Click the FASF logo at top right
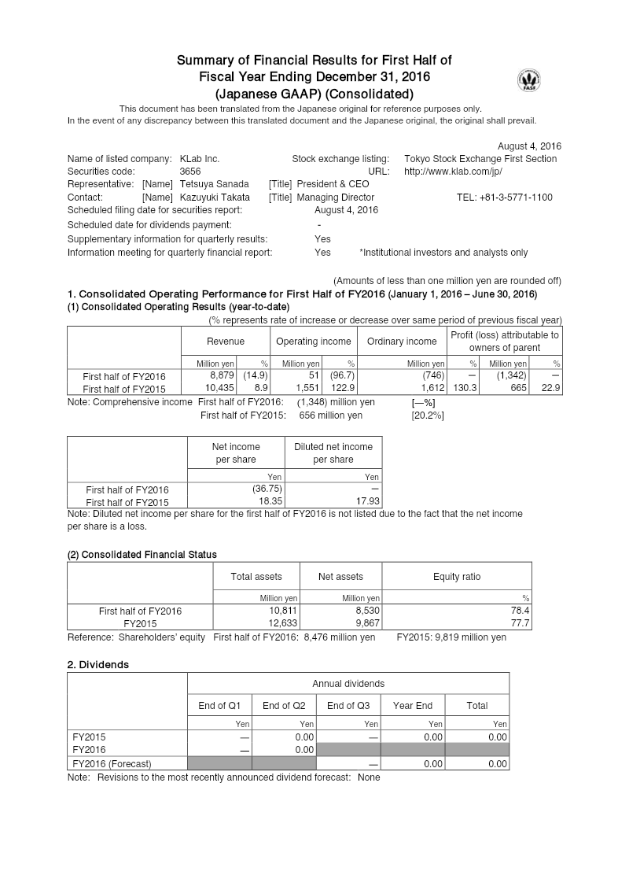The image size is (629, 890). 529,81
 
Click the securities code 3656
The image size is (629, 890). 190,171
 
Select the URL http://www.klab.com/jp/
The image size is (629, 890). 453,171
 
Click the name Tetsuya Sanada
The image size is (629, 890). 214,184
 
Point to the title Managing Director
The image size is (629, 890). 336,198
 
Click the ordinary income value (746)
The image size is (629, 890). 432,376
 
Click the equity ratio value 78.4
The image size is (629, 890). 520,610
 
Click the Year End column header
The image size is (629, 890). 413,705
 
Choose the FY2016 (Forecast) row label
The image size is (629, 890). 112,763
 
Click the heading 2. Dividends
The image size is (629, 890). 98,664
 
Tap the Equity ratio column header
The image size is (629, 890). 456,577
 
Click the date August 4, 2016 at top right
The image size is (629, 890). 529,146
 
